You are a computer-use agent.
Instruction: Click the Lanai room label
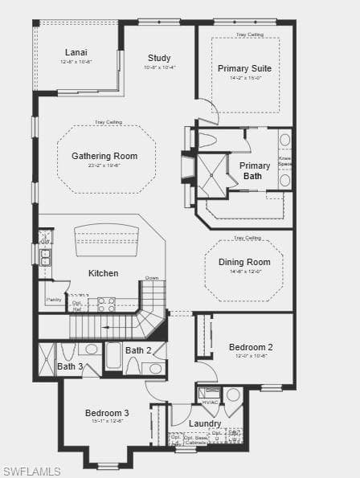pyautogui.click(x=76, y=53)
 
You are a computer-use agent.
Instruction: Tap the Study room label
pyautogui.click(x=159, y=58)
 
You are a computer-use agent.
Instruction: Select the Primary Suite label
pyautogui.click(x=244, y=68)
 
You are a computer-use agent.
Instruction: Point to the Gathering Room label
pyautogui.click(x=104, y=156)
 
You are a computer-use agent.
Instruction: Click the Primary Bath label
pyautogui.click(x=255, y=170)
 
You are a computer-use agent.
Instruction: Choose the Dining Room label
pyautogui.click(x=244, y=262)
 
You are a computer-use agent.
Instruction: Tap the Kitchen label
pyautogui.click(x=104, y=273)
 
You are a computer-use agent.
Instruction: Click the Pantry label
pyautogui.click(x=54, y=299)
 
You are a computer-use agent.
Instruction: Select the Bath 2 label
pyautogui.click(x=138, y=350)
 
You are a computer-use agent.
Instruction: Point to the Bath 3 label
pyautogui.click(x=70, y=366)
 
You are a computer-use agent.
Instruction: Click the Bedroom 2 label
pyautogui.click(x=251, y=347)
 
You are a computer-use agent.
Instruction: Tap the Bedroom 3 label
pyautogui.click(x=107, y=413)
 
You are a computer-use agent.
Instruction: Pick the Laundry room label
pyautogui.click(x=205, y=423)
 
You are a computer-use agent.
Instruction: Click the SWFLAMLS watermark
pyautogui.click(x=32, y=470)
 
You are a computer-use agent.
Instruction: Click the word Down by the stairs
pyautogui.click(x=152, y=278)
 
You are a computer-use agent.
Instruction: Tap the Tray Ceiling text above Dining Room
pyautogui.click(x=247, y=238)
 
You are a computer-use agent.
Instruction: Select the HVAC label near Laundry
pyautogui.click(x=210, y=402)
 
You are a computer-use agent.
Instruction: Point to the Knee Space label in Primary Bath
pyautogui.click(x=284, y=161)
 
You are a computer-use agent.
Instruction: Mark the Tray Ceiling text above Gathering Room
pyautogui.click(x=108, y=122)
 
